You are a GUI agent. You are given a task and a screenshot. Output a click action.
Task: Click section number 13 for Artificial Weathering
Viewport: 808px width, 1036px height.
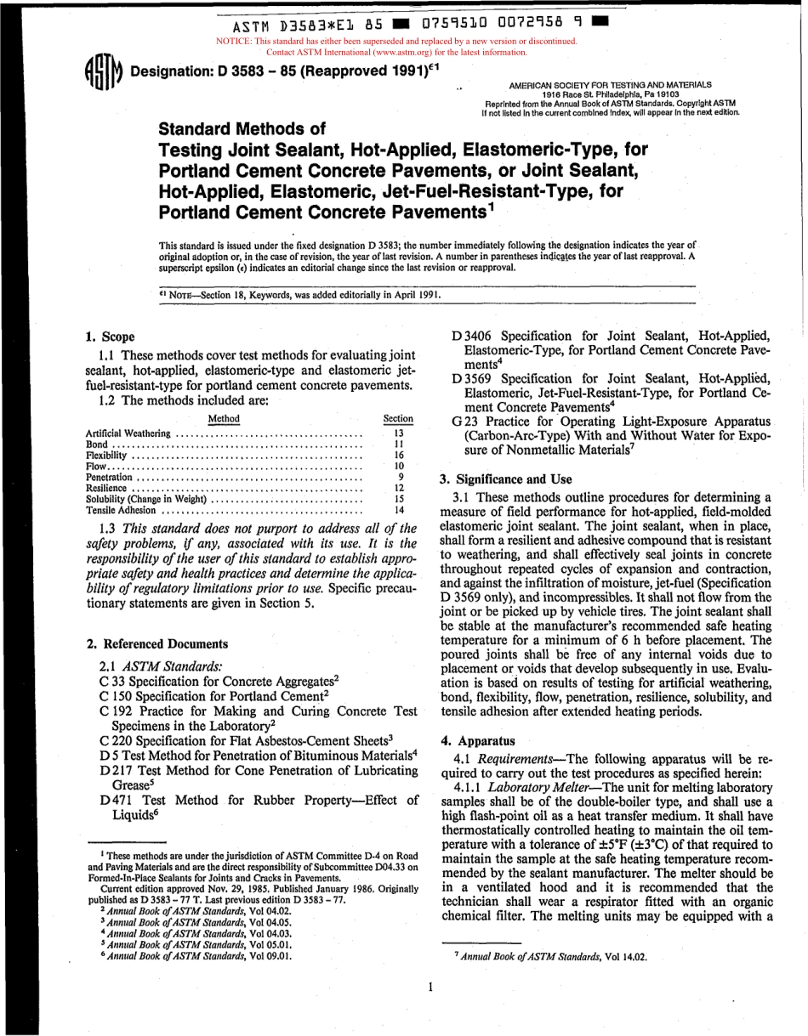pos(398,433)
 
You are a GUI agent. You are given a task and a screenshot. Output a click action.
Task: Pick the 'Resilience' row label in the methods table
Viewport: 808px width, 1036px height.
pos(110,489)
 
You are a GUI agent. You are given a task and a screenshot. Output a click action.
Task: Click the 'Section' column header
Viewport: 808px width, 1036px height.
pos(398,418)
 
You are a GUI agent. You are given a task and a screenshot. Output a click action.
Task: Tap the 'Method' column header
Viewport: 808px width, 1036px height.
pos(224,418)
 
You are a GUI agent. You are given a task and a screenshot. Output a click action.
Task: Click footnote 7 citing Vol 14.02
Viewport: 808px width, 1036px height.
pos(550,956)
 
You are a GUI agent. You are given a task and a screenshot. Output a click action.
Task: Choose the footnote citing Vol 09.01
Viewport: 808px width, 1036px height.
pos(196,954)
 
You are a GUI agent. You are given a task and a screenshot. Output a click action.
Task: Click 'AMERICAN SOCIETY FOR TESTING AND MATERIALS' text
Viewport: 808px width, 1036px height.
pos(610,85)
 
